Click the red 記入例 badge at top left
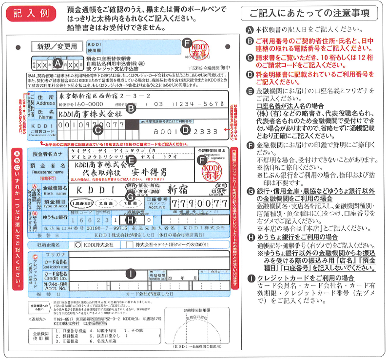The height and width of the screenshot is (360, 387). [27, 13]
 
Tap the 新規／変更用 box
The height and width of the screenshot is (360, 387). [57, 47]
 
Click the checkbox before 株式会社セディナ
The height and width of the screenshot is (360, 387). [129, 244]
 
